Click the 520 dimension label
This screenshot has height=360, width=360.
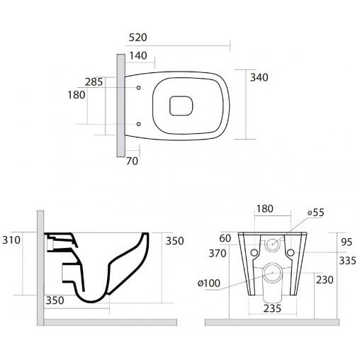[138, 38]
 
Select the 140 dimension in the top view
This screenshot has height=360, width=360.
[138, 56]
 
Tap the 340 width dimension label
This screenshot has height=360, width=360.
[259, 77]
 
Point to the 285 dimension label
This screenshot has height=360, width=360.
[94, 82]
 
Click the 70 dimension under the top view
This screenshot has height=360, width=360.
[132, 161]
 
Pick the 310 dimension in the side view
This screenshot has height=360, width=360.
[11, 240]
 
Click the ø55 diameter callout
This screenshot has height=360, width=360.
[316, 213]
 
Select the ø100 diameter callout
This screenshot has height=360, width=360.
[209, 283]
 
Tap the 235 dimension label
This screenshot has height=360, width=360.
[272, 308]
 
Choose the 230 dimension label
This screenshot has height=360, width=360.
[325, 280]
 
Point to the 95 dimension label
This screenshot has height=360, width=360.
[347, 242]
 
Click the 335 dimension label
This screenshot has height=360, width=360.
[347, 261]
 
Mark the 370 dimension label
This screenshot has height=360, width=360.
[218, 254]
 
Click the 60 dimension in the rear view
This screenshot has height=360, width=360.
[225, 238]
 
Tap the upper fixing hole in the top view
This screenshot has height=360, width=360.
[139, 88]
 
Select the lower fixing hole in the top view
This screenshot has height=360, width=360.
[139, 124]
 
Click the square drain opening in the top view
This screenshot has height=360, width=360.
[181, 106]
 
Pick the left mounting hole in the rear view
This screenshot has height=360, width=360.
[254, 253]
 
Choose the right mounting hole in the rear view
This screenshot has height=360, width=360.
[291, 253]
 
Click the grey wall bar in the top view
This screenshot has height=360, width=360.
[120, 106]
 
